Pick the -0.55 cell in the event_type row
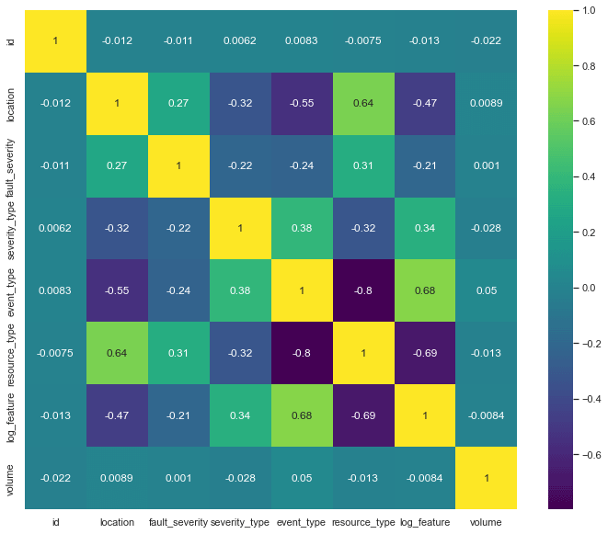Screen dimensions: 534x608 tap(118, 290)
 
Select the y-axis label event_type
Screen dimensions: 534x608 tap(11, 290)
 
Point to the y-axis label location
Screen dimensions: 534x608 tap(11, 104)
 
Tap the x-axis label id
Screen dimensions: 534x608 tap(55, 522)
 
